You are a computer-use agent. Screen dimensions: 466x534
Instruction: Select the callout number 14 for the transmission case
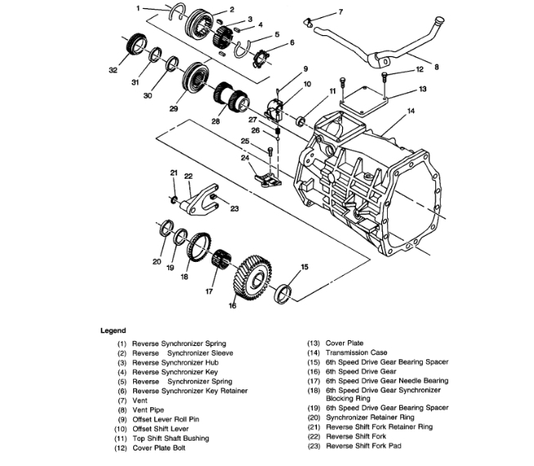[x=412, y=109]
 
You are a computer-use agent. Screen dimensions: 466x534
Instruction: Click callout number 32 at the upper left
[x=113, y=70]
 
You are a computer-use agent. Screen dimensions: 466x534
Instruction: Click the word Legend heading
[x=113, y=331]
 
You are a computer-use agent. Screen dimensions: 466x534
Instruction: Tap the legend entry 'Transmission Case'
[x=355, y=353]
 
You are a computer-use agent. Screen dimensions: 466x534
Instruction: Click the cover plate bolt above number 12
[x=384, y=77]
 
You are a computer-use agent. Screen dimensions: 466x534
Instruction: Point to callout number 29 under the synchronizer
[x=172, y=108]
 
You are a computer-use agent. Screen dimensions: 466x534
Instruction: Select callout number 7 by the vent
[x=340, y=11]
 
